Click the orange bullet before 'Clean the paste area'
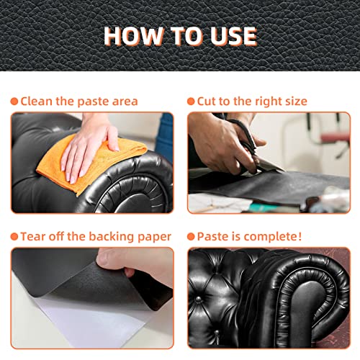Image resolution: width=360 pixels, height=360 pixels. (15, 102)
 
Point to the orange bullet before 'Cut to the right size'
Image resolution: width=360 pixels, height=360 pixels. (192, 102)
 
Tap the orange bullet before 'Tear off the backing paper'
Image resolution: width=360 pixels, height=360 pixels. (15, 236)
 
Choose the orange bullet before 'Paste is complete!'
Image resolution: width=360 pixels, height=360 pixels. (192, 236)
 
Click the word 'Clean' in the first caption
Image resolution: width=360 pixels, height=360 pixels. (37, 102)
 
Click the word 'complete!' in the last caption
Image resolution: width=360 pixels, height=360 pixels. (277, 237)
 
